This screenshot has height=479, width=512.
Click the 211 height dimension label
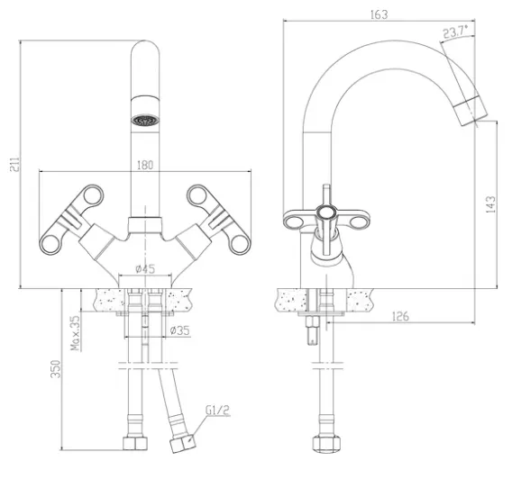(14, 164)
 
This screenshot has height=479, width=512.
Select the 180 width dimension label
(145, 165)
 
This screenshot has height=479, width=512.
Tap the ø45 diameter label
(145, 269)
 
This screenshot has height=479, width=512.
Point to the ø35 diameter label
(180, 330)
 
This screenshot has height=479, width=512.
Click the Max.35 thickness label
(76, 333)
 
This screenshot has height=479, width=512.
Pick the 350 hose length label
(56, 369)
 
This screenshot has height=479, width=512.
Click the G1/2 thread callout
(218, 411)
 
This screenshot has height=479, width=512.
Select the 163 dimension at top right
(379, 14)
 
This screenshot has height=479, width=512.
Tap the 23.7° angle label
(455, 32)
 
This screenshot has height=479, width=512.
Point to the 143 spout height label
(490, 204)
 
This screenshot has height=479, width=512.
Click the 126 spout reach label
(400, 316)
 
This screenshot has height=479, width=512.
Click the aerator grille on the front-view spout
(145, 120)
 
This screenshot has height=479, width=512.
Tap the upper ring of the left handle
(93, 195)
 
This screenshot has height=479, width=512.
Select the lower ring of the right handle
(241, 244)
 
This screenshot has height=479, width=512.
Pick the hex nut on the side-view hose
(326, 443)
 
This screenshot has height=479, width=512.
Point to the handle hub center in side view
(326, 213)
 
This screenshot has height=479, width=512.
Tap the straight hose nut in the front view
(135, 444)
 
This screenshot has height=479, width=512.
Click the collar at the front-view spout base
(145, 225)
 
